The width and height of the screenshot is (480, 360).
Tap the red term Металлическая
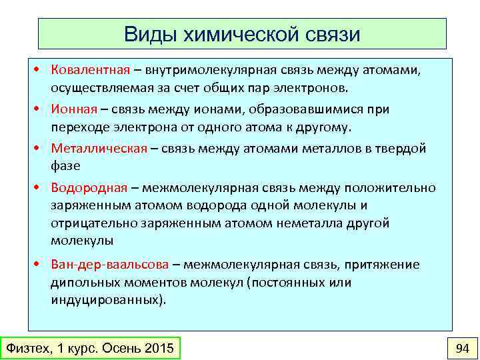99,149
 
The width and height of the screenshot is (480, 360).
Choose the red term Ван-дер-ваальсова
111,265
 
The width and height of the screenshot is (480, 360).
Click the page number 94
462,347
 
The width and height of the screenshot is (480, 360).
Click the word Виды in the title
149,34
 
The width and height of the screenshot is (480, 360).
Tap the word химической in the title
239,34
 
